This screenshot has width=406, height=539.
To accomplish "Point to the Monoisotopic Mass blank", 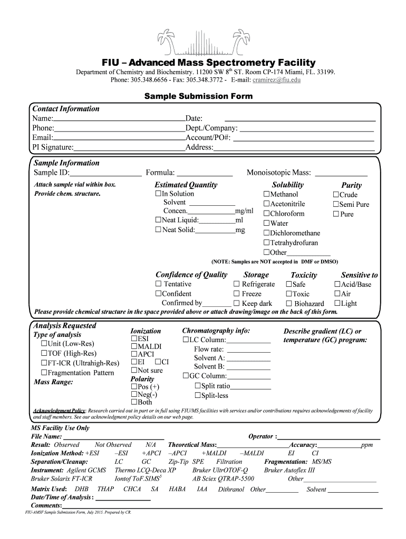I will pyautogui.click(x=341, y=174).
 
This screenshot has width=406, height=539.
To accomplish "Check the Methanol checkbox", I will pyautogui.click(x=266, y=195).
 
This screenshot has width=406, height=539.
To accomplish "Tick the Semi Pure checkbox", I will pyautogui.click(x=335, y=204).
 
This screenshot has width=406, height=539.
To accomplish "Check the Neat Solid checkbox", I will pyautogui.click(x=158, y=230).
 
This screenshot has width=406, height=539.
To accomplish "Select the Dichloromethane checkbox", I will pyautogui.click(x=266, y=233).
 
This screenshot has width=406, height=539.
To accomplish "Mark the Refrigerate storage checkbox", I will pyautogui.click(x=237, y=284).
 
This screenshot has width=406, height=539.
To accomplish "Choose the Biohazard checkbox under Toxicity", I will pyautogui.click(x=289, y=304).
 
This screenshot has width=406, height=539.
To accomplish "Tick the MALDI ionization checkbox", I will pyautogui.click(x=134, y=347).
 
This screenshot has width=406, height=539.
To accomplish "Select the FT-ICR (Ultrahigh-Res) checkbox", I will pyautogui.click(x=44, y=363).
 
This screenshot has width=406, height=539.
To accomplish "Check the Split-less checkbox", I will pyautogui.click(x=197, y=395).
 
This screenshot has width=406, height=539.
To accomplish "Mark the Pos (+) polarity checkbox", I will pyautogui.click(x=134, y=387).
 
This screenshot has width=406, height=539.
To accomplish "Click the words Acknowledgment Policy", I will pyautogui.click(x=60, y=411).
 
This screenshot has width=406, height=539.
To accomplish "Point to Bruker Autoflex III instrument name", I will pyautogui.click(x=289, y=470).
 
